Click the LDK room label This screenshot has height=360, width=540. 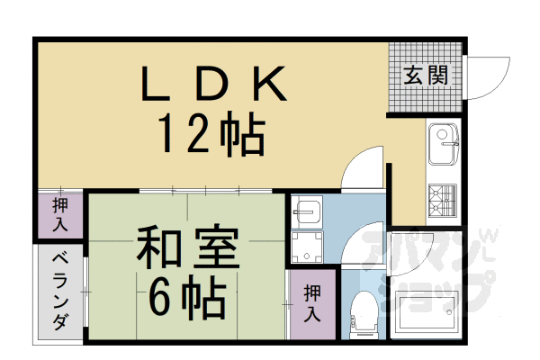pos(212,85)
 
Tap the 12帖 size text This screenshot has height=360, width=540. pos(212,135)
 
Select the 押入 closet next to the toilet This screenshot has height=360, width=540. pos(311,302)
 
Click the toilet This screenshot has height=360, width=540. pos(364,314)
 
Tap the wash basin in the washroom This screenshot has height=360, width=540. pos(307,211)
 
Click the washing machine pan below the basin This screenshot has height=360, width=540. pos(307,247)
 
